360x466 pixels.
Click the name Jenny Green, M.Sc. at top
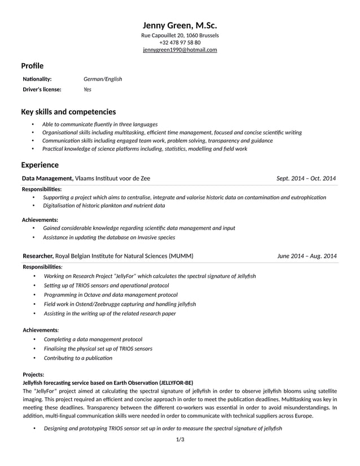(179, 25)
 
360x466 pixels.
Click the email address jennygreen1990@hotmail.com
(179, 50)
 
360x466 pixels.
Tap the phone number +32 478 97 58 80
(179, 42)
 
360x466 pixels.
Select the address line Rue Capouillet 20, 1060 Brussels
(179, 36)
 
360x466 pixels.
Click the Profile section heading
(32, 66)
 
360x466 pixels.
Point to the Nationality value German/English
(103, 79)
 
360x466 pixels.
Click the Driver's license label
(42, 89)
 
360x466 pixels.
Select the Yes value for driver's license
(87, 89)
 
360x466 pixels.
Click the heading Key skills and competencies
(68, 112)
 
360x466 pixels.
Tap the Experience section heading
(39, 165)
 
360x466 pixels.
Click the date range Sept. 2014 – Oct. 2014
(306, 178)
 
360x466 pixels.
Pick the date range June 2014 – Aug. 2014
(307, 256)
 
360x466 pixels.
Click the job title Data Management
(47, 178)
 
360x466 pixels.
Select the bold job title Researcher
(38, 256)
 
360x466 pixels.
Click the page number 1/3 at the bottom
(180, 439)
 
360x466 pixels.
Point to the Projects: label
(33, 374)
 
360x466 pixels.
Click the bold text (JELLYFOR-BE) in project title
(176, 382)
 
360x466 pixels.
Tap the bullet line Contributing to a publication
(78, 358)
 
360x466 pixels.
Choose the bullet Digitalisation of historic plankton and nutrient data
(104, 206)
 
